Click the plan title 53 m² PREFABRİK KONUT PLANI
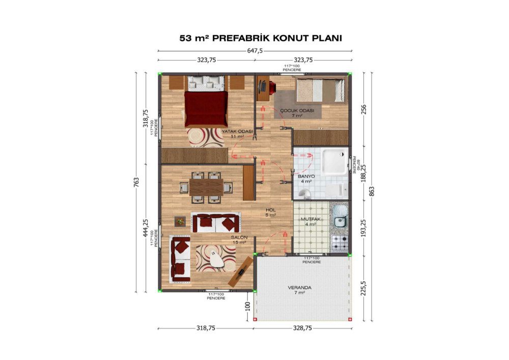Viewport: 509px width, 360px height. point(261,38)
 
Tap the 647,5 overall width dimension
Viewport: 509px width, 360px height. point(255,50)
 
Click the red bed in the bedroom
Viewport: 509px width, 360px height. point(206,109)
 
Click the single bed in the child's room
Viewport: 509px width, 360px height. point(320,90)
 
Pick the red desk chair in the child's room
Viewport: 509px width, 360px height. point(272,87)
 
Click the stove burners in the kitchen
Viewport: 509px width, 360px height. point(340,243)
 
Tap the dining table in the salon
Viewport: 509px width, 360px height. point(207,187)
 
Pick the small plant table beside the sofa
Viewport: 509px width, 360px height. point(180,221)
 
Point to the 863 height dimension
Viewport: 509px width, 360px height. point(372,191)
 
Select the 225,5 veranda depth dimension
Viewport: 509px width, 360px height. point(363,288)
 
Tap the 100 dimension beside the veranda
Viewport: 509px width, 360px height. point(247,307)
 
